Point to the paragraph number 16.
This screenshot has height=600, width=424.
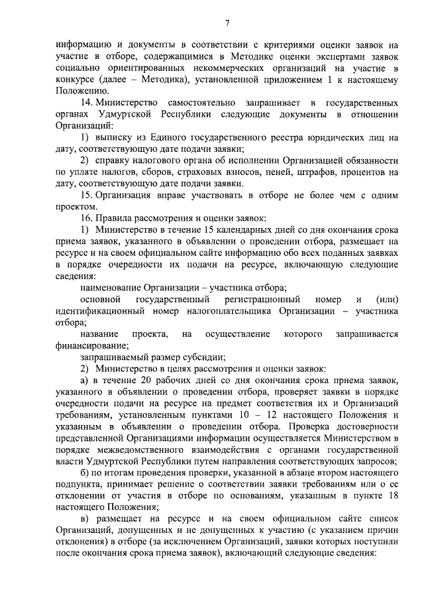click(x=85, y=217)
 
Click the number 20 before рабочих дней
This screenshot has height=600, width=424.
click(x=140, y=379)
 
